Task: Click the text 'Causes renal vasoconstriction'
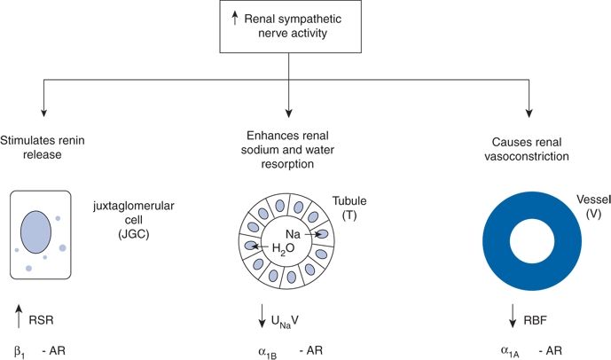click(x=529, y=148)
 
